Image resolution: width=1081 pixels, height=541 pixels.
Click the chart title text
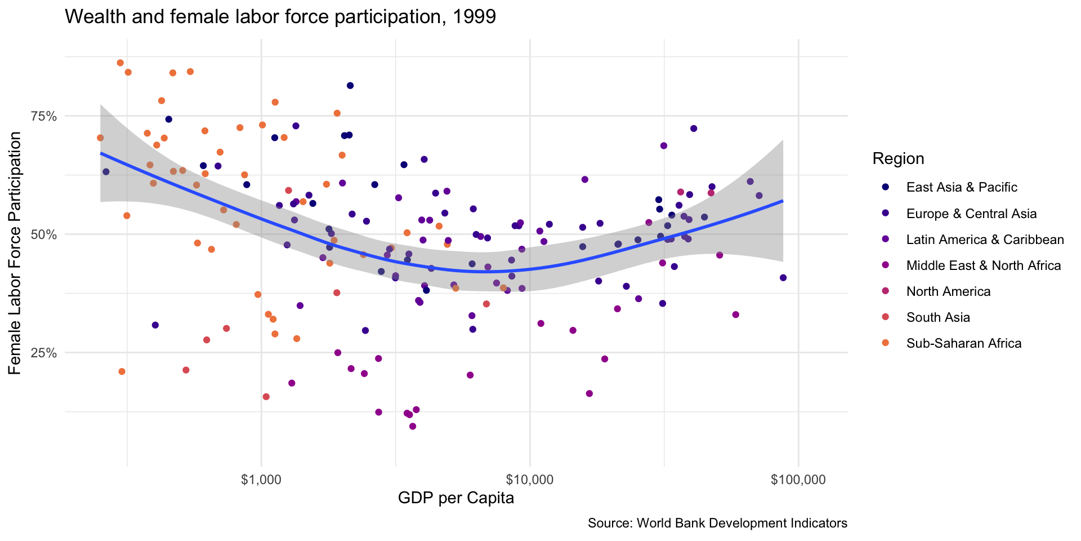[x=280, y=17]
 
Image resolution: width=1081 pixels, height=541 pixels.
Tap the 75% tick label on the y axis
[x=44, y=116]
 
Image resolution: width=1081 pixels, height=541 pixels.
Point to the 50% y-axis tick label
[x=44, y=234]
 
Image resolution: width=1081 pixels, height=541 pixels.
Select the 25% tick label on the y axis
[x=44, y=353]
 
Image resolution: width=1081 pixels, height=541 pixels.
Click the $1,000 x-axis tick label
[x=261, y=480]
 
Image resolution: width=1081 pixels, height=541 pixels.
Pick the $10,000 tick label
[x=530, y=480]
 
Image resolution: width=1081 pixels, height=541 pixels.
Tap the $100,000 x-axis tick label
[x=798, y=480]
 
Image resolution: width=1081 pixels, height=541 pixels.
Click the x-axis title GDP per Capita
[x=456, y=499]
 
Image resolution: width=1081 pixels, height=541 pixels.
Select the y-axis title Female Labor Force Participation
[x=15, y=253]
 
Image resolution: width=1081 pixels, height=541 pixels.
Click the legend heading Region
[x=898, y=159]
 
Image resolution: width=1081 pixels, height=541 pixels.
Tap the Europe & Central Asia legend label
[x=971, y=214]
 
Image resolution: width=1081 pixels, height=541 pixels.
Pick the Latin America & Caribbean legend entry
[x=985, y=240]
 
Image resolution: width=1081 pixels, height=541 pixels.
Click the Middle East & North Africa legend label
[x=984, y=265]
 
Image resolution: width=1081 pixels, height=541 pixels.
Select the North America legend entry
[x=948, y=291]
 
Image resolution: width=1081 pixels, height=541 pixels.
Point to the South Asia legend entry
[x=938, y=317]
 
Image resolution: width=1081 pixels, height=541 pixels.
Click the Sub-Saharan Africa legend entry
[x=964, y=343]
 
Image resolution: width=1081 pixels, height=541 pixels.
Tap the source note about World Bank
[x=717, y=524]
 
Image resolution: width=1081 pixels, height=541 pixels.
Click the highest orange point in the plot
[x=120, y=63]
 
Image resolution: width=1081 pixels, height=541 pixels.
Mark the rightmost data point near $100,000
[x=783, y=278]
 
